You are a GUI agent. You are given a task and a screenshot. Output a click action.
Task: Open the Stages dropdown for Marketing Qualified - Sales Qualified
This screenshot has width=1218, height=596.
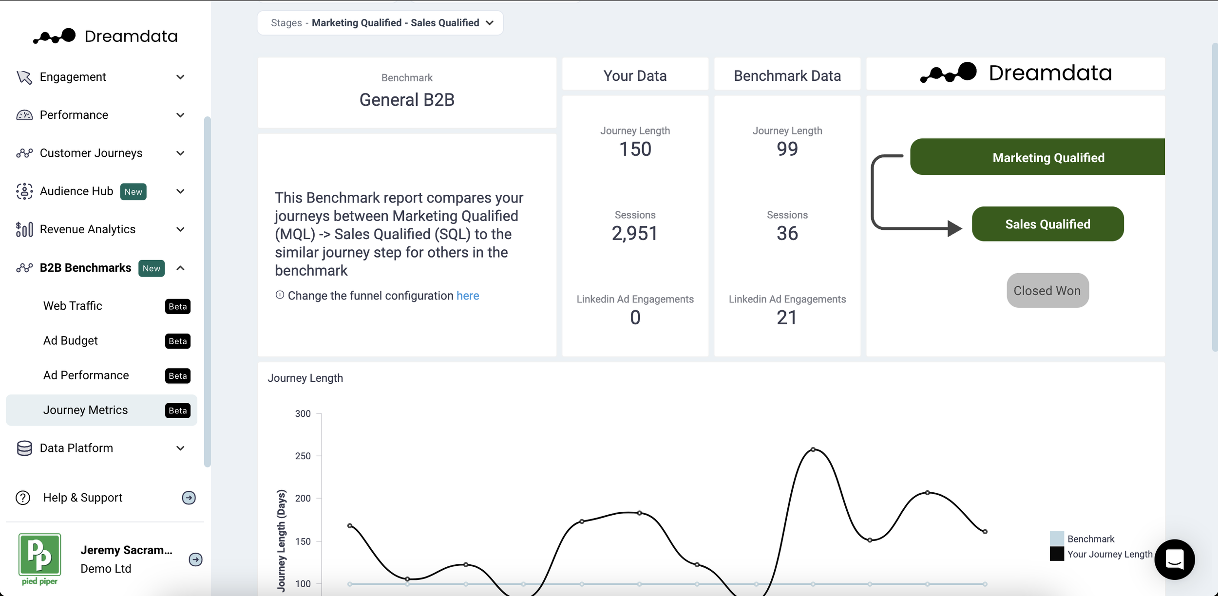381,23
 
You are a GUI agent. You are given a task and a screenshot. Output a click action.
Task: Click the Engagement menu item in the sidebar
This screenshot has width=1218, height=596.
73,77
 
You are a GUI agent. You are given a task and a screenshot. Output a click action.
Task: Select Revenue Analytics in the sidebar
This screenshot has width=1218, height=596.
88,229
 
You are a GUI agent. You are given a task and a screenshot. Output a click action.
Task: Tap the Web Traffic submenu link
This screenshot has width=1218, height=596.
73,306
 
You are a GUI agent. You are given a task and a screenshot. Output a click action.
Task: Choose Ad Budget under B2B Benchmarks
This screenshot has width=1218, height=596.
71,341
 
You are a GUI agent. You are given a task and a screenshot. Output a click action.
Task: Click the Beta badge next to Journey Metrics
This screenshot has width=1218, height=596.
178,410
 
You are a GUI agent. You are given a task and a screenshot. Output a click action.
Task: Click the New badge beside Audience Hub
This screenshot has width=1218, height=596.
133,192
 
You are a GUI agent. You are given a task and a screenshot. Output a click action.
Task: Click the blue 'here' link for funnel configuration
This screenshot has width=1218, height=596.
468,296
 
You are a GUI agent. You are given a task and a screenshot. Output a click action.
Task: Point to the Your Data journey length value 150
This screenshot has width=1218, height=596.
635,149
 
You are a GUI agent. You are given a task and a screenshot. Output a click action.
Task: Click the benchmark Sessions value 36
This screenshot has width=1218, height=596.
787,233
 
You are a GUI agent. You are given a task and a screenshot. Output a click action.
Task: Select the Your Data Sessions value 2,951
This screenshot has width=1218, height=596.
635,233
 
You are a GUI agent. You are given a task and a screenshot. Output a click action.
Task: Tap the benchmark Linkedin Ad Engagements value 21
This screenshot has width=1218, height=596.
787,317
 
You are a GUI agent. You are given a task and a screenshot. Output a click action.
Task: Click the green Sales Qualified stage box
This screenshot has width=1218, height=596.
1047,224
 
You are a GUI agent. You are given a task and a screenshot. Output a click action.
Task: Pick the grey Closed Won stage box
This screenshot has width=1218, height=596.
1047,291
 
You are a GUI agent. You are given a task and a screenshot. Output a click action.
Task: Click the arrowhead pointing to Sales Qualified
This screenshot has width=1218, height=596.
954,228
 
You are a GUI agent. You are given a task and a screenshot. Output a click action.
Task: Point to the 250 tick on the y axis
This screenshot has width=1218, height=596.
303,456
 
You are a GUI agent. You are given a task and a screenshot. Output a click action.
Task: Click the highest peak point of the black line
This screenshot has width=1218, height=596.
813,449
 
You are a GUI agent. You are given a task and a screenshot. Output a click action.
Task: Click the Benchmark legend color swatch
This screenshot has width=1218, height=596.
1057,539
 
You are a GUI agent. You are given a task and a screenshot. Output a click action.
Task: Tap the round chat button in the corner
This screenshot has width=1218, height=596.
1175,559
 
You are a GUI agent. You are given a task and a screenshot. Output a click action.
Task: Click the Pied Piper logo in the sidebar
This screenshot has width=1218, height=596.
39,559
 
